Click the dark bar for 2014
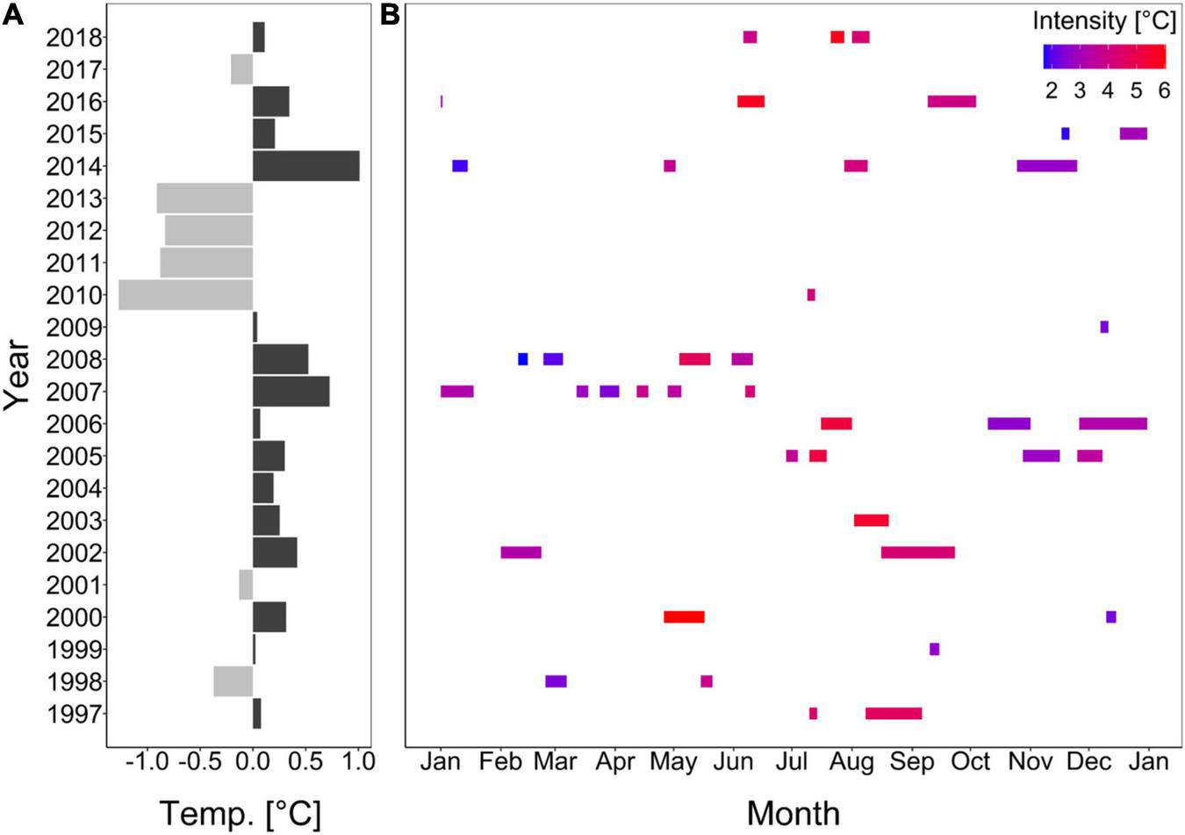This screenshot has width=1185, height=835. [x=305, y=166]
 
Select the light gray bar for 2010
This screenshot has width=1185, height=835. [x=185, y=295]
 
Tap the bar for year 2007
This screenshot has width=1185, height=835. [x=291, y=392]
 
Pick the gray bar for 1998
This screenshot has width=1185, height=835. [x=233, y=681]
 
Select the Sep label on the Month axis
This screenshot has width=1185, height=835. [x=912, y=761]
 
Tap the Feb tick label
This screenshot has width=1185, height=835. [x=501, y=761]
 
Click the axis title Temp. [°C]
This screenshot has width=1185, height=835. [x=240, y=813]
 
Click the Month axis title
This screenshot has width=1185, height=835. [x=793, y=813]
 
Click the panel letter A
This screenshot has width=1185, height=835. [x=12, y=15]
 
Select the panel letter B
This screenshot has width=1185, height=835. [x=391, y=15]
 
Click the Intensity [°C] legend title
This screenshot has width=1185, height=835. [x=1103, y=21]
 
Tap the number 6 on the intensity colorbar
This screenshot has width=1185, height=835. [x=1164, y=90]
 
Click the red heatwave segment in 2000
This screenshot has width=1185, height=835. [x=684, y=617]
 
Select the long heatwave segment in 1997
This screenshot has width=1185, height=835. [x=894, y=714]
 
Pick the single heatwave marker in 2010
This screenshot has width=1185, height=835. [x=811, y=295]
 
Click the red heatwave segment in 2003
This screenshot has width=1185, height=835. [x=871, y=521]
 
